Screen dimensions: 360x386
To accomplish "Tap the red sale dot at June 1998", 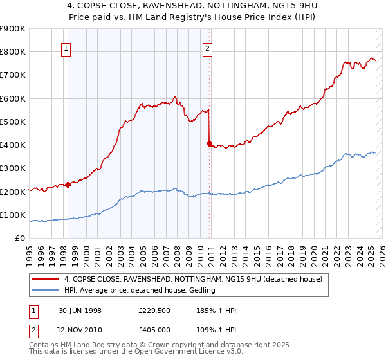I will pos(68,184).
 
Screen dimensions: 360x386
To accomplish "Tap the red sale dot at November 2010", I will pos(209,143).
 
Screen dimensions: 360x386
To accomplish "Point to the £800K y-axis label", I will pos(13,52).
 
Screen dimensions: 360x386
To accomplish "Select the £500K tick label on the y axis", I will pos(13,122).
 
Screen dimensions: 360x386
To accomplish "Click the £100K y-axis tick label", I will pos(13,215).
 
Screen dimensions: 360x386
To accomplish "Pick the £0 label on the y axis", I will pos(20,238).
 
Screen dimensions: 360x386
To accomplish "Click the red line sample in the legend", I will pos(45,279).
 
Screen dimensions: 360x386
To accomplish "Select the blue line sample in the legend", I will pos(45,290).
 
